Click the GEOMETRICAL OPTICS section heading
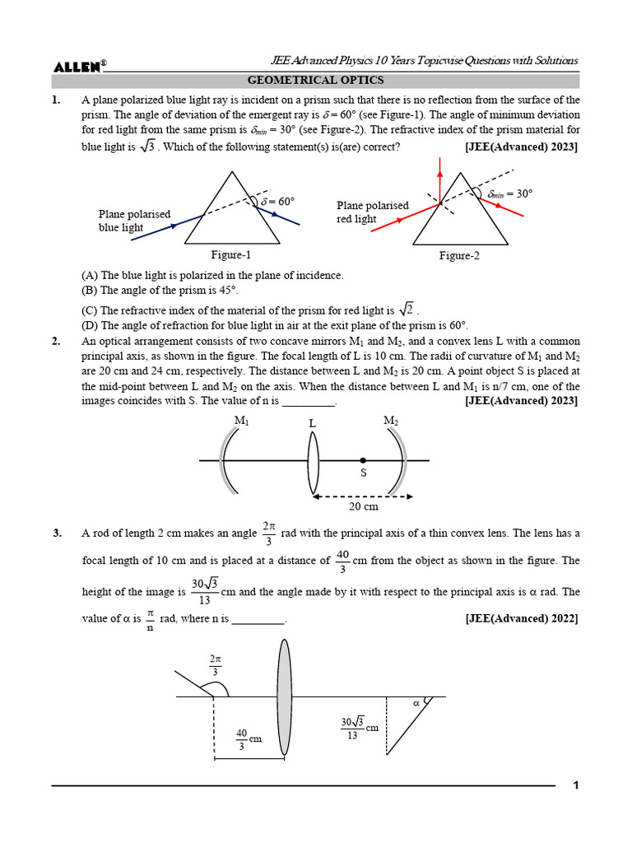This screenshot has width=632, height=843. (315, 81)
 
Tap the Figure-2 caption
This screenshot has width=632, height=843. (459, 256)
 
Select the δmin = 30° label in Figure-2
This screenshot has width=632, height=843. (509, 193)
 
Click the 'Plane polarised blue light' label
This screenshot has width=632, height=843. (134, 221)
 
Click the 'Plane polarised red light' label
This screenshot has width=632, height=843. (372, 212)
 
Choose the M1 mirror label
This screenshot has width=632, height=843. (241, 421)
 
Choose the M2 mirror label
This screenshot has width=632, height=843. (391, 421)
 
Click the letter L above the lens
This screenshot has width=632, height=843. (313, 422)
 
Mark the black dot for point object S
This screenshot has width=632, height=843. (363, 460)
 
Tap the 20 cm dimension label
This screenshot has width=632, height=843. (363, 506)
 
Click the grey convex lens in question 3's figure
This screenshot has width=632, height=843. (284, 697)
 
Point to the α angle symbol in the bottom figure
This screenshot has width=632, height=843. (416, 703)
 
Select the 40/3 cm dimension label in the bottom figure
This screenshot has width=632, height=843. (249, 738)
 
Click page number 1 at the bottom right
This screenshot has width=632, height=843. (577, 785)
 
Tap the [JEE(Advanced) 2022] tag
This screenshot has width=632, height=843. (521, 618)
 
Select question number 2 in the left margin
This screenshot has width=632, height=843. (57, 342)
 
